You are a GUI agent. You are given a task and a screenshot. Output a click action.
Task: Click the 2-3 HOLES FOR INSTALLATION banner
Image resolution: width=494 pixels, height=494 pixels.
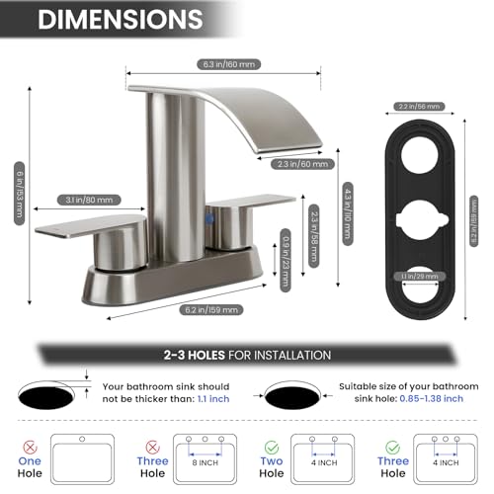coord(247,355)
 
